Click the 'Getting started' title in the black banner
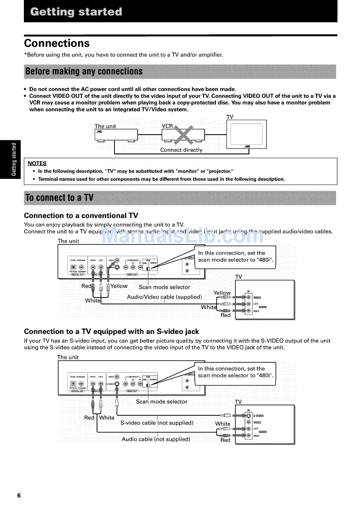[x=76, y=12]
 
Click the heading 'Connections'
[x=57, y=43]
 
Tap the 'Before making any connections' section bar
[x=180, y=72]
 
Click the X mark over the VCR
[x=183, y=135]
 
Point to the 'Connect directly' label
[x=181, y=150]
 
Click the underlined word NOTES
[x=37, y=163]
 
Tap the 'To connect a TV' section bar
[x=180, y=198]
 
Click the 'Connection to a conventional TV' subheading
[x=81, y=216]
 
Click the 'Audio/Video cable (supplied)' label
[x=164, y=297]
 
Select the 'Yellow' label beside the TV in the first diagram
[x=222, y=293]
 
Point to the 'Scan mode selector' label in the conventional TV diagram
[x=164, y=287]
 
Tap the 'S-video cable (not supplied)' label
[x=157, y=423]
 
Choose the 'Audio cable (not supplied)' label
[x=156, y=439]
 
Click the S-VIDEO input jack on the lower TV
[x=249, y=416]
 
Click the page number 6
[x=19, y=496]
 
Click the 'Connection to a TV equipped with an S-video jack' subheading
[x=111, y=332]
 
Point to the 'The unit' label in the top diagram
[x=105, y=126]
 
